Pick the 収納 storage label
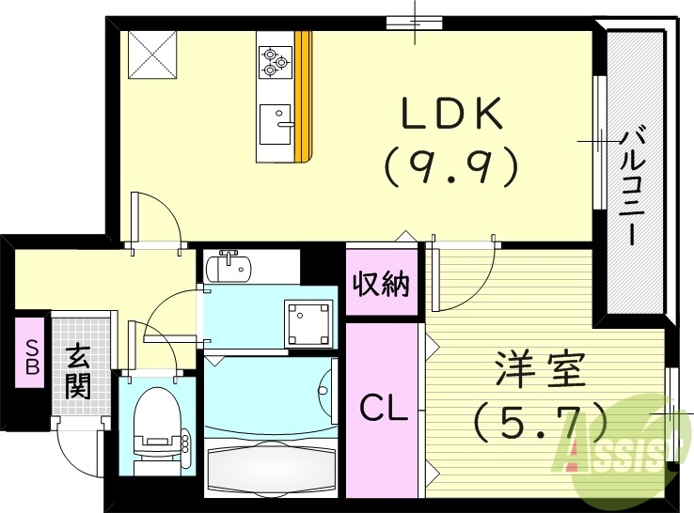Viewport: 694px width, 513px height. pos(381,284)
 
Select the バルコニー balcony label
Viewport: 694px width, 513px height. pos(631,188)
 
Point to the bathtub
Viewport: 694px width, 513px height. pos(270,468)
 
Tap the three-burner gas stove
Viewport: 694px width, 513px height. pos(274,60)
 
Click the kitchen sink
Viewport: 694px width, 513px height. pos(276,121)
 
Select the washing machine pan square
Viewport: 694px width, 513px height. pos(310,323)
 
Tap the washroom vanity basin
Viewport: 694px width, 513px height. pos(228,268)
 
